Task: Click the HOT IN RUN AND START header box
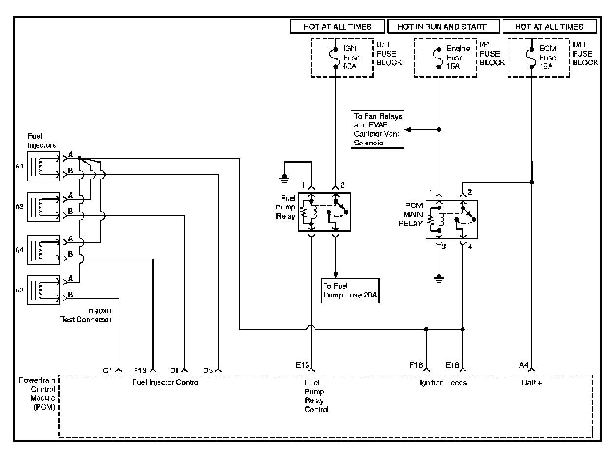[442, 27]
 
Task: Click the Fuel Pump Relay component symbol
[324, 212]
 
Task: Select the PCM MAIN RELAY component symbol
[452, 219]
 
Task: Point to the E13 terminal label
[302, 365]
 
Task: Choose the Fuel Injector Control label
[165, 382]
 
